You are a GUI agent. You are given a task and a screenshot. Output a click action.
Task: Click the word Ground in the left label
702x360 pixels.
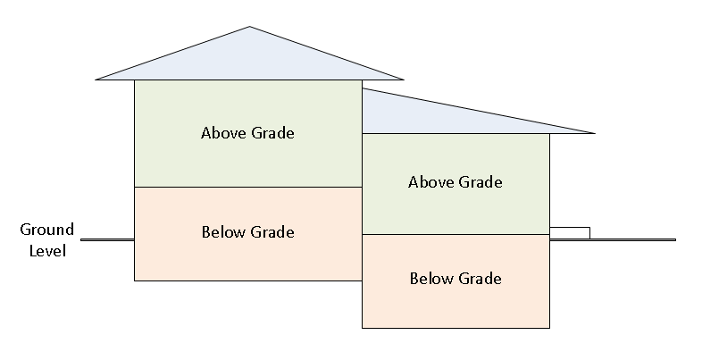click(46, 230)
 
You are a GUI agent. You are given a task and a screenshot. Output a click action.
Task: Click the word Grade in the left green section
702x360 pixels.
click(272, 134)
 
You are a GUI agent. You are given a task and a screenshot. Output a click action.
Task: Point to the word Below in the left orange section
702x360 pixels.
click(223, 232)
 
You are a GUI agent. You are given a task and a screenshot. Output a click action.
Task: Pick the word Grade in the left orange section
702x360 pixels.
click(272, 232)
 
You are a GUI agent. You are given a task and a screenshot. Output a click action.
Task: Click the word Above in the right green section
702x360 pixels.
click(431, 182)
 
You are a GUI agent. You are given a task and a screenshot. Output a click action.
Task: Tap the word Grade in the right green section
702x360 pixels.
click(480, 182)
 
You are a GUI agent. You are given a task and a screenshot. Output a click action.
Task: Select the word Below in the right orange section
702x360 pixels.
click(431, 279)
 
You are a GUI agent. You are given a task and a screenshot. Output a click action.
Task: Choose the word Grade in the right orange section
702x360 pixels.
click(480, 279)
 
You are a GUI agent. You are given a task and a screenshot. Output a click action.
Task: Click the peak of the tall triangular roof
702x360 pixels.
click(250, 28)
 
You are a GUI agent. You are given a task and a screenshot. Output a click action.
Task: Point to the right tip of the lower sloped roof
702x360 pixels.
click(593, 133)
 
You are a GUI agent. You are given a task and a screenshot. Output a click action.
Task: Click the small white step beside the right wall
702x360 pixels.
click(569, 233)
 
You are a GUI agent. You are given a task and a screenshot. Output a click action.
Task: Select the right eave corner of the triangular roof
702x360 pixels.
click(404, 80)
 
